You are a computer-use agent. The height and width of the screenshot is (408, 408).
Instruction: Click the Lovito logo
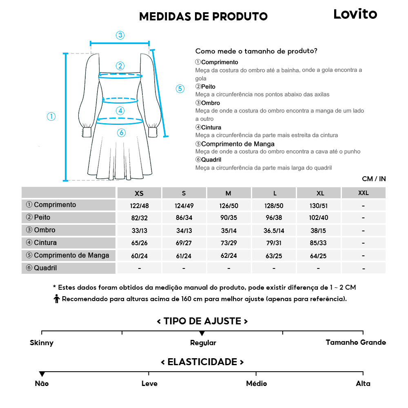[355, 14]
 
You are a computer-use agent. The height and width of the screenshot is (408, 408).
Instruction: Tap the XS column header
[139, 193]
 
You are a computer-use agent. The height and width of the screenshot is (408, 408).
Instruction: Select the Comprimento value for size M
[229, 206]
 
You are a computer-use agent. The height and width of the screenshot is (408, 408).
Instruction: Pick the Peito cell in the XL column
[319, 218]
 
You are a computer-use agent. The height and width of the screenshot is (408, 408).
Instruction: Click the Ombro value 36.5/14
[274, 231]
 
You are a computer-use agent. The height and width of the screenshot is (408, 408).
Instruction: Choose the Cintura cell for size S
[184, 244]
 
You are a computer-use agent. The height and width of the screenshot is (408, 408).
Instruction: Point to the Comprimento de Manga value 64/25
[319, 256]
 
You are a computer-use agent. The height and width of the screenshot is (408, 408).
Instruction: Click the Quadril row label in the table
[45, 268]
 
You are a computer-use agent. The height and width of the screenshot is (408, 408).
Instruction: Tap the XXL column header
[363, 193]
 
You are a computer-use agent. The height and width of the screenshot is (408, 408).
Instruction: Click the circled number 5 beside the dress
[180, 89]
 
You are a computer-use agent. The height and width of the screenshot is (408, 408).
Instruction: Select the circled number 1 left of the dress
[51, 117]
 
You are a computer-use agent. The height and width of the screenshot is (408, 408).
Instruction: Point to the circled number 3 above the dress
[120, 35]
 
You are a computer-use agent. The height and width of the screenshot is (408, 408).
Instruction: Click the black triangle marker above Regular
[202, 333]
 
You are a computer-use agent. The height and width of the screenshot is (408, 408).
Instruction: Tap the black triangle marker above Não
[42, 374]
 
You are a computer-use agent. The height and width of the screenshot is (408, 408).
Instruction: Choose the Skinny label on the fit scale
[42, 343]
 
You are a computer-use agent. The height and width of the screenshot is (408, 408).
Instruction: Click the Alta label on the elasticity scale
[363, 384]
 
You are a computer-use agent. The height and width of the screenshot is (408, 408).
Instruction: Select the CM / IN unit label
[374, 179]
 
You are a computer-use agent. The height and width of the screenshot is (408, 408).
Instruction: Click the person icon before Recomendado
[57, 299]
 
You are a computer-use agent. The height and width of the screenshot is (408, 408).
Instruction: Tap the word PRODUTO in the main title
[240, 16]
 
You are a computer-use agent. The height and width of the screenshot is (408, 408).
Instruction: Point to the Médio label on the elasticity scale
[256, 384]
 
